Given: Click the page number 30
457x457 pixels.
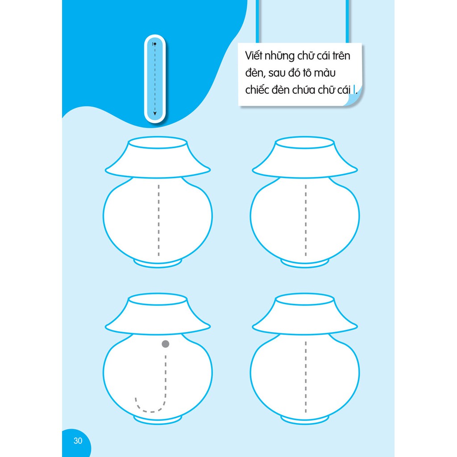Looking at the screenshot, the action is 78,440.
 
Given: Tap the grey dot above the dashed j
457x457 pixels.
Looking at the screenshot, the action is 165,344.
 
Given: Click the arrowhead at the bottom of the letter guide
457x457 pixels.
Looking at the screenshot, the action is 155,113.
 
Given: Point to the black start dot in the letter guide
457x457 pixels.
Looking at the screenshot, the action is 155,44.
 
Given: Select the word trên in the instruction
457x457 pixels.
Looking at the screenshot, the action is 341,56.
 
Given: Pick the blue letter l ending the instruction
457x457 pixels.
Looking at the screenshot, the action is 354,89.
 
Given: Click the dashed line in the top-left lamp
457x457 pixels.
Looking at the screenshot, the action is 158,220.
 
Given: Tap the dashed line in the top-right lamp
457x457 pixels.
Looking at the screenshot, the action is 306,220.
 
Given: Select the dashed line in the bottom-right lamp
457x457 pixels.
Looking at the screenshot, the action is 306,377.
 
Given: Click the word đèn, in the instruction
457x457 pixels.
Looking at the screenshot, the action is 255,73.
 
